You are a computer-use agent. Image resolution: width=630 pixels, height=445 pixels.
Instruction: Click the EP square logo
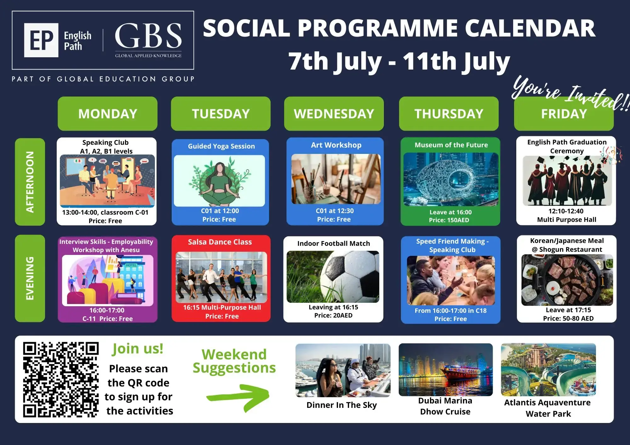41,40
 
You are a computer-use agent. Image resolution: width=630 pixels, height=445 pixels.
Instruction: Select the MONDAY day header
107,114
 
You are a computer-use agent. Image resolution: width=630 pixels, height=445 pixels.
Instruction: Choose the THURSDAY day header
449,114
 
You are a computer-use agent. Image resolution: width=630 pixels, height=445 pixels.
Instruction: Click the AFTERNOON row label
30,182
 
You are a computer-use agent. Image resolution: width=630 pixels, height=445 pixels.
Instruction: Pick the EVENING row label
30,278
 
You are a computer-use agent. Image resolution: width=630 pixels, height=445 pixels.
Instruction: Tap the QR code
61,380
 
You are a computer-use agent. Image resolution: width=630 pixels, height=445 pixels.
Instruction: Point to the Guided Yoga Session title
221,146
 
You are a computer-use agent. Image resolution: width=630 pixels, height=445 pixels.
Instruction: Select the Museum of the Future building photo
451,179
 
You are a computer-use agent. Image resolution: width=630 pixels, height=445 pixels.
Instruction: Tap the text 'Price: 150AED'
449,220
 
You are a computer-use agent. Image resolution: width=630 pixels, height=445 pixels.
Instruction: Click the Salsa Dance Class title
220,242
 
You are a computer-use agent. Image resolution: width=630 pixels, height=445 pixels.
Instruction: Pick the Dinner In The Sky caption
341,405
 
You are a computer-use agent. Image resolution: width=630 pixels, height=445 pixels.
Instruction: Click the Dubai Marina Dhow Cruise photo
445,369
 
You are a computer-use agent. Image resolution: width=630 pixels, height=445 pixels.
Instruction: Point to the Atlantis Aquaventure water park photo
548,369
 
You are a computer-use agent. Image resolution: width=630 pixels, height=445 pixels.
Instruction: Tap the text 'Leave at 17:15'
568,310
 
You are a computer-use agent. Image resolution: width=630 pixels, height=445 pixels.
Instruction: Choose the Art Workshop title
336,145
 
